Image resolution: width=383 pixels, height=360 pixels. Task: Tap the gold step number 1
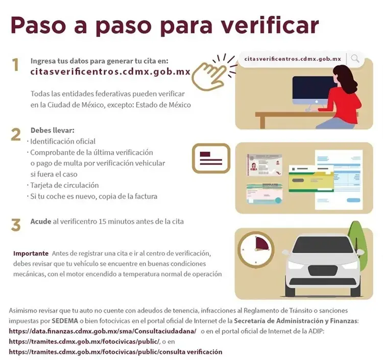click(16, 65)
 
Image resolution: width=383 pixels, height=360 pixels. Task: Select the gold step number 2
click(16, 135)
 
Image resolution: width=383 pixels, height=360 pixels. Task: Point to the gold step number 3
click(16, 225)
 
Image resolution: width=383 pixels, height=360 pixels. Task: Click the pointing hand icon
click(208, 75)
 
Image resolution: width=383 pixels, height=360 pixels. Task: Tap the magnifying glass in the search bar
click(355, 59)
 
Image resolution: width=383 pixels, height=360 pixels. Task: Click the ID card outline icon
click(211, 158)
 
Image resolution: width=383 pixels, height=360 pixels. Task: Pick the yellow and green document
click(311, 179)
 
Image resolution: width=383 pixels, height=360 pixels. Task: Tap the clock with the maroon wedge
click(256, 250)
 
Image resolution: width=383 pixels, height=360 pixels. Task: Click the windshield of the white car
click(323, 245)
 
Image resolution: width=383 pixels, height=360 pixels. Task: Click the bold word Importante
click(31, 253)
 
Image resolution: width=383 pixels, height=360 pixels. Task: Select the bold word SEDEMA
click(65, 321)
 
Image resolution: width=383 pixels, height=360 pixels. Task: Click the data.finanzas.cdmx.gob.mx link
click(103, 331)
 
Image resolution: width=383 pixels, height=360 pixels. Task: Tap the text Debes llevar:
click(52, 130)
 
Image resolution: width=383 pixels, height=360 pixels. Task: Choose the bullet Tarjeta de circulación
click(64, 185)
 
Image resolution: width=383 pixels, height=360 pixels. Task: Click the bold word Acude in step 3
click(41, 222)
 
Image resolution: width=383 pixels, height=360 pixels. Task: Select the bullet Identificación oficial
click(63, 141)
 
